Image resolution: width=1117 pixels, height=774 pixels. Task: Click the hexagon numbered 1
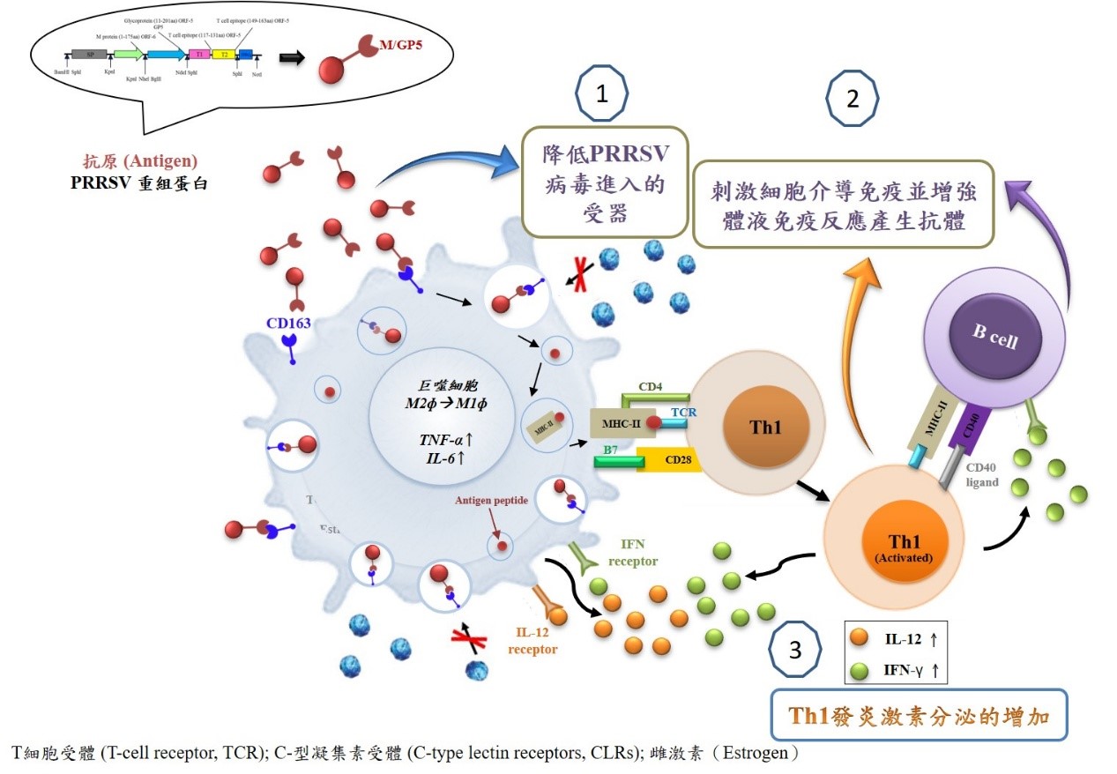tap(602, 94)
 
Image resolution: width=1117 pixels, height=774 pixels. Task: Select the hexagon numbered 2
tap(852, 98)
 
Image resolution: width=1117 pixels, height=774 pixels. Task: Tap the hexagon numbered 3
tap(795, 651)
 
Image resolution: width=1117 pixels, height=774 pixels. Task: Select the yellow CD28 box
tap(671, 458)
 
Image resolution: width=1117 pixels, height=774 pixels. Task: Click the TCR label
tap(685, 412)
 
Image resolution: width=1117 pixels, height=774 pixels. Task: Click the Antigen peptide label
tap(491, 501)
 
